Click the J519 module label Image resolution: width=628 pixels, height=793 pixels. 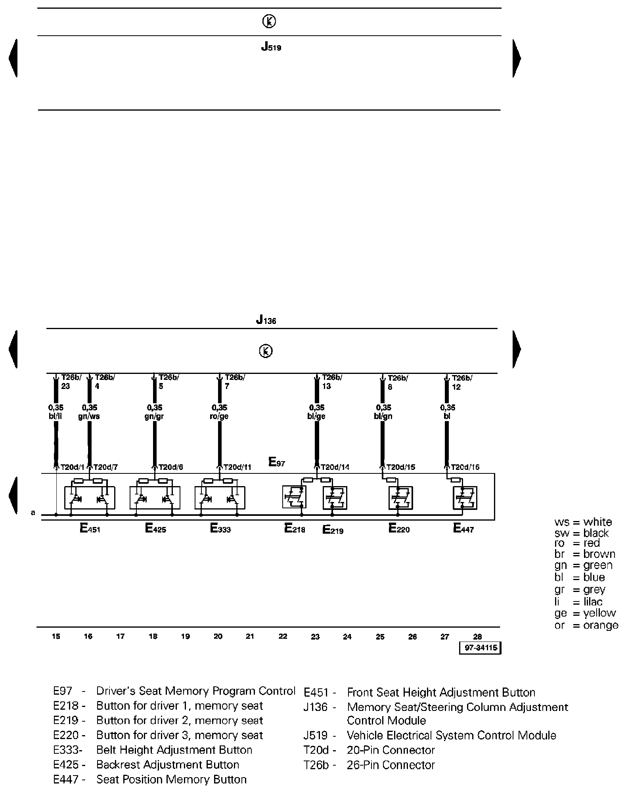271,47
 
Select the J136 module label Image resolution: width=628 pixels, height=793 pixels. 266,320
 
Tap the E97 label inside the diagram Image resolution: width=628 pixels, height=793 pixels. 277,462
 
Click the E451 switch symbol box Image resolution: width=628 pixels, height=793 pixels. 90,498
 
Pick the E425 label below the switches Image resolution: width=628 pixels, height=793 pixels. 155,529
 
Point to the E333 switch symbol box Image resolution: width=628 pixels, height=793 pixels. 220,498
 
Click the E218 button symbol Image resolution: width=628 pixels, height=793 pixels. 295,497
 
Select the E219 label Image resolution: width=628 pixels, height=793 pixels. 333,530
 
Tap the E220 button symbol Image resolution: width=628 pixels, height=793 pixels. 400,498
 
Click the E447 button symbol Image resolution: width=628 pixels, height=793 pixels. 465,498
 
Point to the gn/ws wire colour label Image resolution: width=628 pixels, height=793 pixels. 89,417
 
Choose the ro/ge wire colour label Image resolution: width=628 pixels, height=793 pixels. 219,417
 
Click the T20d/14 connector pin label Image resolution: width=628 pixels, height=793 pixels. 335,467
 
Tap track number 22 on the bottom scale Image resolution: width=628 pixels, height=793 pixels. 283,637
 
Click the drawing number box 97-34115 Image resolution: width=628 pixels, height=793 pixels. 480,648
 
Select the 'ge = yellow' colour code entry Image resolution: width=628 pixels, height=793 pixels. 585,613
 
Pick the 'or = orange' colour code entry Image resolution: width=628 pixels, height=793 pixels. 586,625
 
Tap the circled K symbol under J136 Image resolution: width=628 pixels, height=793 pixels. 266,351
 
